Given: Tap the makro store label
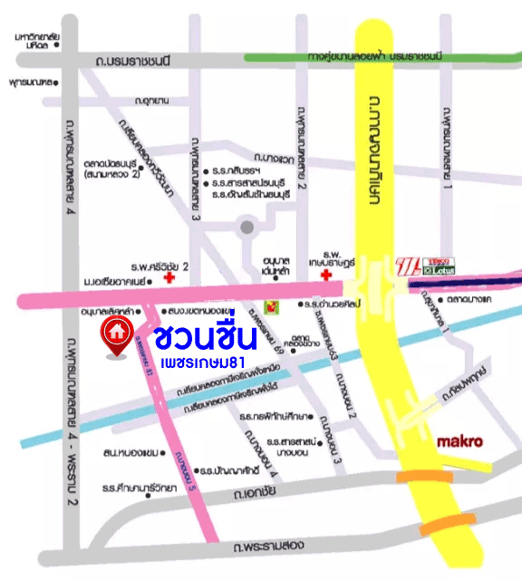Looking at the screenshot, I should point(459,443).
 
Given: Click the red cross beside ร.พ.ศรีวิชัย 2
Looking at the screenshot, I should point(169,281).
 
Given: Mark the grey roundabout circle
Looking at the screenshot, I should point(246,227).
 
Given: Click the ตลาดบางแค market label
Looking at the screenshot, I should point(469,298).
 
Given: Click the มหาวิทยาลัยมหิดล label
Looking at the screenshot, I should point(37,39).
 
